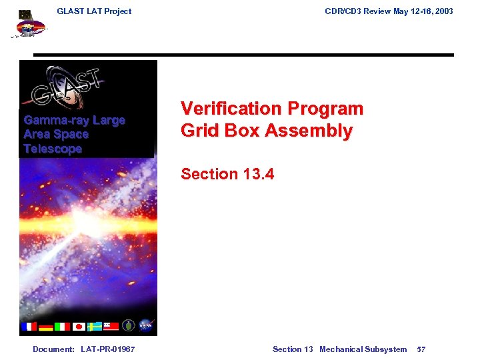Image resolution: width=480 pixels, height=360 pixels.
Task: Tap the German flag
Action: point(46,327)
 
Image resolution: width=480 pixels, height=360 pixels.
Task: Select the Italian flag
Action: point(62,327)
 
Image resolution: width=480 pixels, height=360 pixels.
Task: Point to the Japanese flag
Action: point(79,327)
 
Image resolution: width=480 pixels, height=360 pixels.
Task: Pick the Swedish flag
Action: point(95,327)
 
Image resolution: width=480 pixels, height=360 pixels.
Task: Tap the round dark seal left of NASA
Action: point(129,326)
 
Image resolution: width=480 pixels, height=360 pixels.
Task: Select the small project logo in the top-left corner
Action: point(29,25)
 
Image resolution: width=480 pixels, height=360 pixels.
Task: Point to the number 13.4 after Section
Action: point(258,174)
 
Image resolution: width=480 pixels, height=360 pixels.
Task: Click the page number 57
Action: point(421,349)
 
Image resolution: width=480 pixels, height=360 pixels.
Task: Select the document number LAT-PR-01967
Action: point(107,349)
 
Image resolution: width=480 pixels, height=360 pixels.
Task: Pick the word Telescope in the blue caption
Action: point(52,149)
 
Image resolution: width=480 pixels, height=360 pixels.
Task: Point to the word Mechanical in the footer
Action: point(341,349)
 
